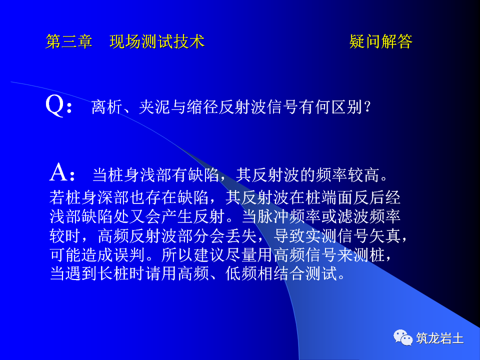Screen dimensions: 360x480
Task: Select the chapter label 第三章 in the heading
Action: pos(69,41)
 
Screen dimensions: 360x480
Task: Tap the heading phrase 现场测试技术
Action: pos(157,41)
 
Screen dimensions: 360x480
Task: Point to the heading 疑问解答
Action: pos(380,41)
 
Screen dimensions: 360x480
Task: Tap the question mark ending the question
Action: pos(367,107)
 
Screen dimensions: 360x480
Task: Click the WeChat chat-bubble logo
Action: pos(403,337)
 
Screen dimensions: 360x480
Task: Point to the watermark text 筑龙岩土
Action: pos(440,338)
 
